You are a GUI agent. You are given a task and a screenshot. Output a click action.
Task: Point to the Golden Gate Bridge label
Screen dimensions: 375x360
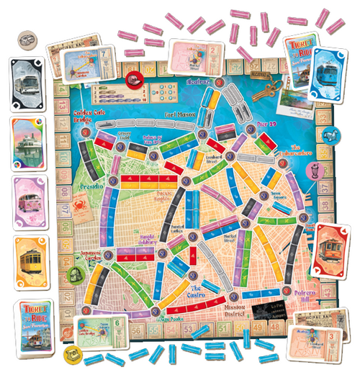pyautogui.click(x=91, y=117)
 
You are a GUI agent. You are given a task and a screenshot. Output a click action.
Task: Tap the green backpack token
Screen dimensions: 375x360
pyautogui.click(x=76, y=274)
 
